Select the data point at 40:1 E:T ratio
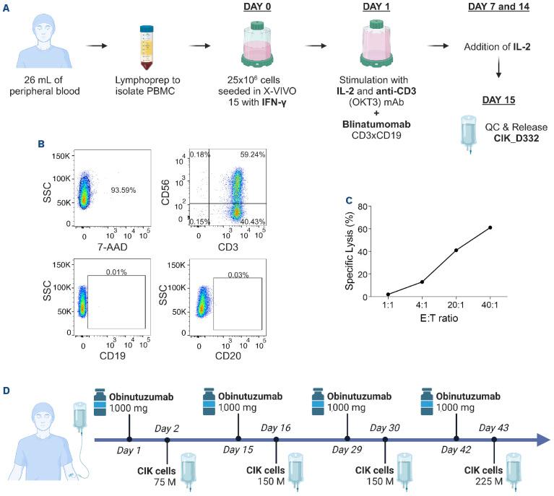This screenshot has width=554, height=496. pos(490,227)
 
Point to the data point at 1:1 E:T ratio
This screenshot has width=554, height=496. pos(387,295)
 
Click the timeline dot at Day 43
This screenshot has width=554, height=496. pos(494,439)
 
